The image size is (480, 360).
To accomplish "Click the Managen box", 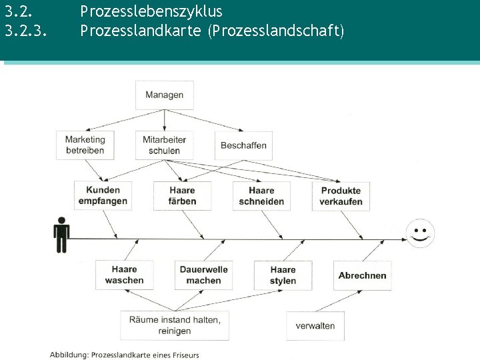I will point(164,95).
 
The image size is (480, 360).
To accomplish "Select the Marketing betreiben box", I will point(85,145).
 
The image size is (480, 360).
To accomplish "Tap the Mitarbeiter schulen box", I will point(164,145).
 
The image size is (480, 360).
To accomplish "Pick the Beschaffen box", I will point(243,145).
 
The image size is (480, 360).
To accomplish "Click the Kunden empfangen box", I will point(103,195).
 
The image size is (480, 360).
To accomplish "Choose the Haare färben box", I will point(182,195).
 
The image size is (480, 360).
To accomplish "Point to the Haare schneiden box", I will point(261,195).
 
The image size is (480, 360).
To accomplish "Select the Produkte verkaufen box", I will point(341,195).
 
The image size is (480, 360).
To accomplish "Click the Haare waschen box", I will point(124,275).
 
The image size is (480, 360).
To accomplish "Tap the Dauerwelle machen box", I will point(203,275).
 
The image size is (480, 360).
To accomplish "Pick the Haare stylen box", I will point(283,275).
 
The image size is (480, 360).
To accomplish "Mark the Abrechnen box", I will point(362,275).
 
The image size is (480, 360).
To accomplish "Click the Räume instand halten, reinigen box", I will point(175,325).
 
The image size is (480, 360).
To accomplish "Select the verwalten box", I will point(315,326).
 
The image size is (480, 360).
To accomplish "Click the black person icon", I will point(61,235).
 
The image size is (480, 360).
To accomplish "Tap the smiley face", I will point(420,233).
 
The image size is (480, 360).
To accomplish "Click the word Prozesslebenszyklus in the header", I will point(151,11).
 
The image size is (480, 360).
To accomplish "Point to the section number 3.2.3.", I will point(26,30).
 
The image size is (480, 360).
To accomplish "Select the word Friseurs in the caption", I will point(184,355).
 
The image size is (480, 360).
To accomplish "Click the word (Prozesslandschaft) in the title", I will point(275,30).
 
